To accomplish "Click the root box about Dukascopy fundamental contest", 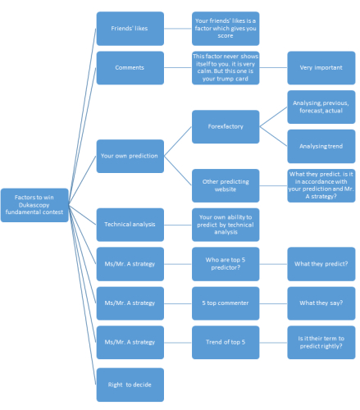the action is (34, 205).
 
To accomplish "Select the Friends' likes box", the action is (130, 29).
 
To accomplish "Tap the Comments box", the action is (130, 68).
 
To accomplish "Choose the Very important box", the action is (321, 68).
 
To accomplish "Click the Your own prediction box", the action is (130, 156).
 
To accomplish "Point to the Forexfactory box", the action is (226, 126).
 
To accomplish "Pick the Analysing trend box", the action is (321, 146).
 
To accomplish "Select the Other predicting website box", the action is (226, 185).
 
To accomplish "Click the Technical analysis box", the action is (130, 225).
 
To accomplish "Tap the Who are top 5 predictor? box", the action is (226, 264).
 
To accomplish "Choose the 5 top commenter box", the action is (226, 303).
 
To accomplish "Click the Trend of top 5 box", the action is (226, 343).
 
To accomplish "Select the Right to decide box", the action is (130, 385).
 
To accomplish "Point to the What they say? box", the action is (321, 303).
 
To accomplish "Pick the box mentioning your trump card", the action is (226, 68).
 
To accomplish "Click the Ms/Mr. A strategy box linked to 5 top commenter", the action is (130, 303).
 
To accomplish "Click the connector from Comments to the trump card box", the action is (178, 68).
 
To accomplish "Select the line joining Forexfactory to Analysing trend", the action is (273, 136).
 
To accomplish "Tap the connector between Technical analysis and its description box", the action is (178, 225).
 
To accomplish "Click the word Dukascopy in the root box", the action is (34, 205).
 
